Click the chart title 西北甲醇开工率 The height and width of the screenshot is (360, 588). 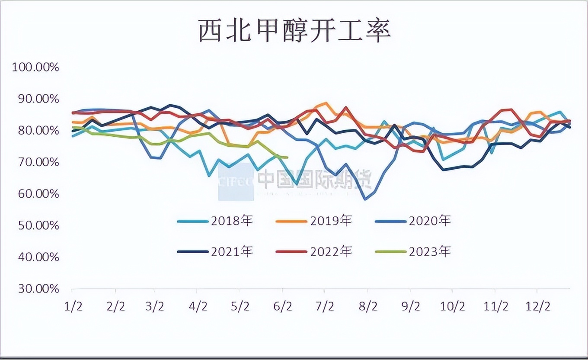(x=294, y=31)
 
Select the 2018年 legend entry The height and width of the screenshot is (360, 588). (x=215, y=221)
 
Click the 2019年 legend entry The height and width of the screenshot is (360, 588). (x=314, y=221)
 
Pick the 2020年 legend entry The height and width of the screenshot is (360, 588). (x=413, y=221)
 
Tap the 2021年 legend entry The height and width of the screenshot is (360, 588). (x=215, y=251)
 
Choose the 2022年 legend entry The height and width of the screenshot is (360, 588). (x=314, y=251)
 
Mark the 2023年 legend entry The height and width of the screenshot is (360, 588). (x=413, y=251)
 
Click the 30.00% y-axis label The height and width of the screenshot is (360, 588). (x=38, y=289)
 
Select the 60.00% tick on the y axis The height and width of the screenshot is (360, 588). (x=38, y=194)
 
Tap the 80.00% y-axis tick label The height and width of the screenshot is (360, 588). (x=38, y=131)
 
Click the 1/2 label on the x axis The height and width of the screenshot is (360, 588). (x=73, y=307)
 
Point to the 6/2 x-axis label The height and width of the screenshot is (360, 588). (x=283, y=307)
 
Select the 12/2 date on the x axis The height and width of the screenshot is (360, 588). (x=537, y=307)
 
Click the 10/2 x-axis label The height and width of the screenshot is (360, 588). (x=452, y=307)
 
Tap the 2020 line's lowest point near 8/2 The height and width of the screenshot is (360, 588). (x=366, y=199)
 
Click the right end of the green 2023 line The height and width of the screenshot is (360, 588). (x=287, y=157)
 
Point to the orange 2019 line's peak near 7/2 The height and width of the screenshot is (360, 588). (x=326, y=103)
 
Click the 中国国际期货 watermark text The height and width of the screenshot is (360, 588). (x=314, y=179)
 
